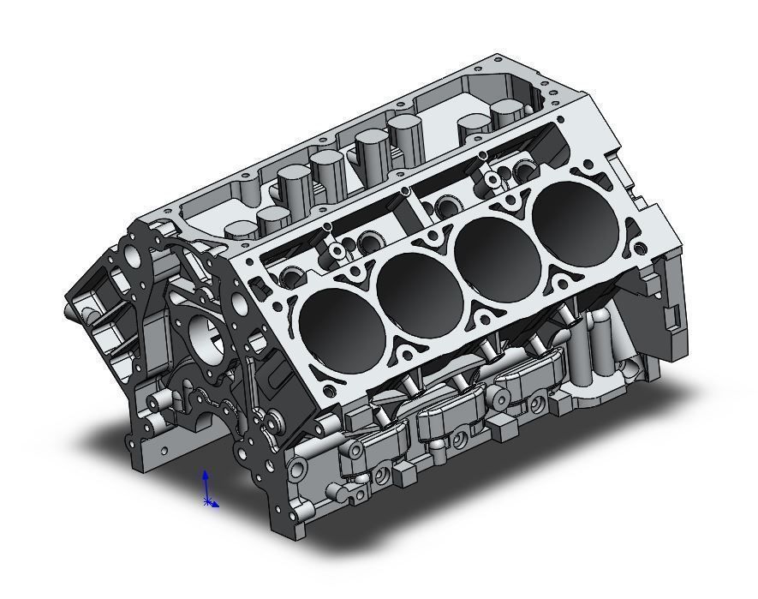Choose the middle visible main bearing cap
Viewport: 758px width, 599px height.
(446, 414)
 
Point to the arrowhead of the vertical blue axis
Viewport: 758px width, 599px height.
(206, 473)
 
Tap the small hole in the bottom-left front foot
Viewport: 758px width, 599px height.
(163, 449)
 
